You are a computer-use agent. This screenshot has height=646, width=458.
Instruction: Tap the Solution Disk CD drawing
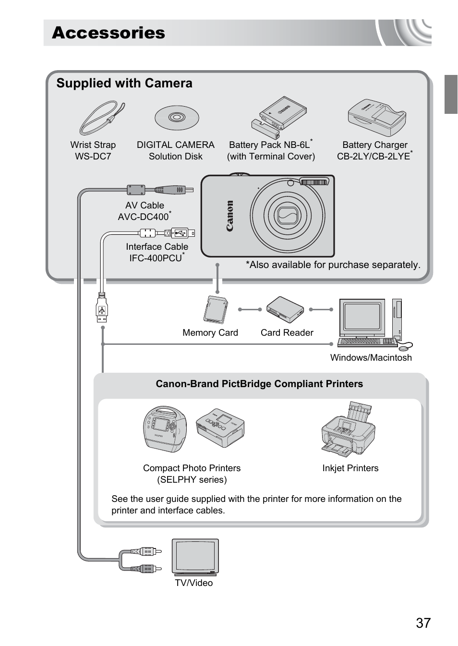[x=177, y=117]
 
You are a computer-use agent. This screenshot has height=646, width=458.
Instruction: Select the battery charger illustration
[x=377, y=118]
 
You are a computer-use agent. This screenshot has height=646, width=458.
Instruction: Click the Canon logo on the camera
[x=230, y=216]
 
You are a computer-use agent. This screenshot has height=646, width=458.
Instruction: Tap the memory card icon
[x=216, y=310]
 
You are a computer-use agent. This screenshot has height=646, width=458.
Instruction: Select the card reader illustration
[x=285, y=310]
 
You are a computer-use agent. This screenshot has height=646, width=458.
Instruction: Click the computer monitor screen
[x=362, y=317]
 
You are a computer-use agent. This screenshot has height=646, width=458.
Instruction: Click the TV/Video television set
[x=195, y=557]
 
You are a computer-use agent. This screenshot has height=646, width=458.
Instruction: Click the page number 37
[x=423, y=623]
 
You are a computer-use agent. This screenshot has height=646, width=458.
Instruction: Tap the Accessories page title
[x=108, y=33]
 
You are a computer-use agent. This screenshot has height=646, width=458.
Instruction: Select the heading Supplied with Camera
[x=124, y=83]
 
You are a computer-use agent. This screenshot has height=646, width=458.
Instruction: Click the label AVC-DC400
[x=144, y=217]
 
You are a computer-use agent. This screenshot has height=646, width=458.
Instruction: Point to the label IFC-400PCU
[x=156, y=258]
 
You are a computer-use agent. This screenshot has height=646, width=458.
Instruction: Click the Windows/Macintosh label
[x=371, y=357]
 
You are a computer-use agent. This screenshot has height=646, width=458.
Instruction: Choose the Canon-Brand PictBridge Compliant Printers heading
[x=259, y=384]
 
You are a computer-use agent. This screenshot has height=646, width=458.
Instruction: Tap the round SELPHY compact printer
[x=165, y=429]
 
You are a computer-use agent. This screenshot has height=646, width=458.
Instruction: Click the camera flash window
[x=314, y=182]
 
